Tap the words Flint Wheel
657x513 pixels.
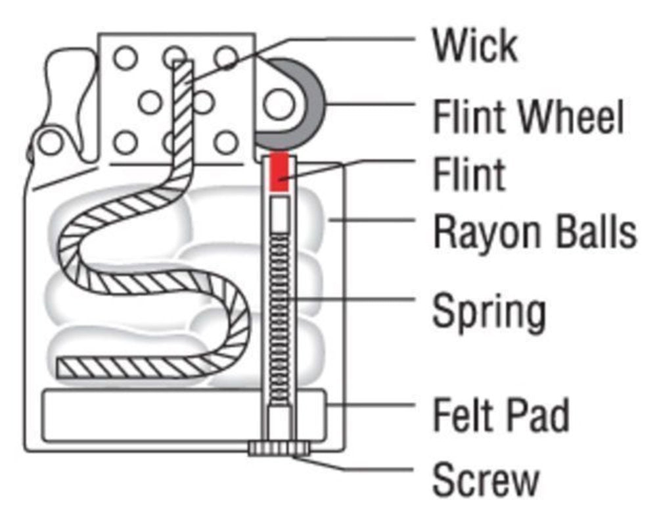tap(527, 117)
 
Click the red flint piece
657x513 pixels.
tap(280, 172)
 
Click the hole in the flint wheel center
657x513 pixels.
tap(278, 106)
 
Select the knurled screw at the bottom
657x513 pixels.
tap(279, 449)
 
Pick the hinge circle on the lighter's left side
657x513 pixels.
tap(50, 141)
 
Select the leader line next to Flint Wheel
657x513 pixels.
tap(371, 105)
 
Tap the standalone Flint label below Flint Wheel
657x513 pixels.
tap(468, 174)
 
